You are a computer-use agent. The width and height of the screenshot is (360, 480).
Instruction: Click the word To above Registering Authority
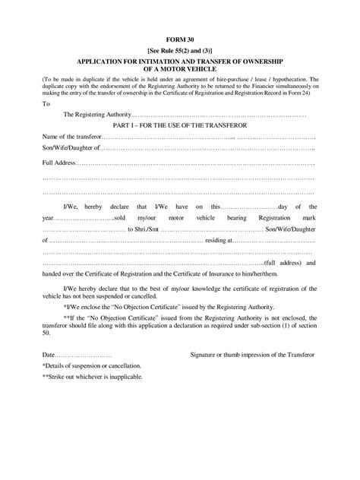pyautogui.click(x=47, y=104)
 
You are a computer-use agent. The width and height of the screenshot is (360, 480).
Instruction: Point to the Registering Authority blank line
pyautogui.click(x=219, y=115)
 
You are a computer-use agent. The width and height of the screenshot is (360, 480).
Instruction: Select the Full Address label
pyautogui.click(x=58, y=163)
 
